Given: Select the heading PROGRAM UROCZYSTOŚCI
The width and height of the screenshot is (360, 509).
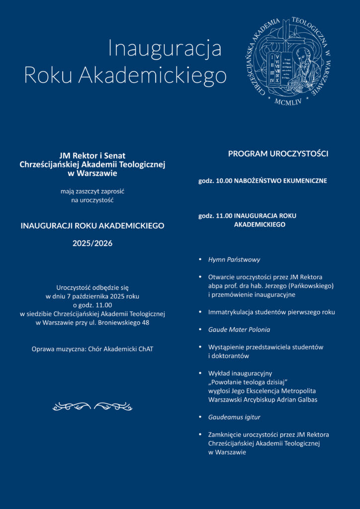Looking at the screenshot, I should (x=278, y=154).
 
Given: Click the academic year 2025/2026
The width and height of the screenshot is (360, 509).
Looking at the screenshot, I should (x=92, y=244).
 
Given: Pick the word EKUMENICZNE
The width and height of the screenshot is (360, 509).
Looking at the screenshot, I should (x=305, y=181).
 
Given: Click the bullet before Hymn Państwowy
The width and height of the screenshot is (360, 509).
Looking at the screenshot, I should (x=200, y=259).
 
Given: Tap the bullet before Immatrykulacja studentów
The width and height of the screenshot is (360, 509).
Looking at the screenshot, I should (x=200, y=312).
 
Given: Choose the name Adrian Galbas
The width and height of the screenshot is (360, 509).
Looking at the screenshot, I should (x=298, y=400).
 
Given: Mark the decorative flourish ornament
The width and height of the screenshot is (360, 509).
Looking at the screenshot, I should (x=92, y=407).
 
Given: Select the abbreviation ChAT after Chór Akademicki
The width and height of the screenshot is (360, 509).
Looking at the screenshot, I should (x=144, y=349).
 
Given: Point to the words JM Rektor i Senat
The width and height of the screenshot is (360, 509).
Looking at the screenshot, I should (x=92, y=156).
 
